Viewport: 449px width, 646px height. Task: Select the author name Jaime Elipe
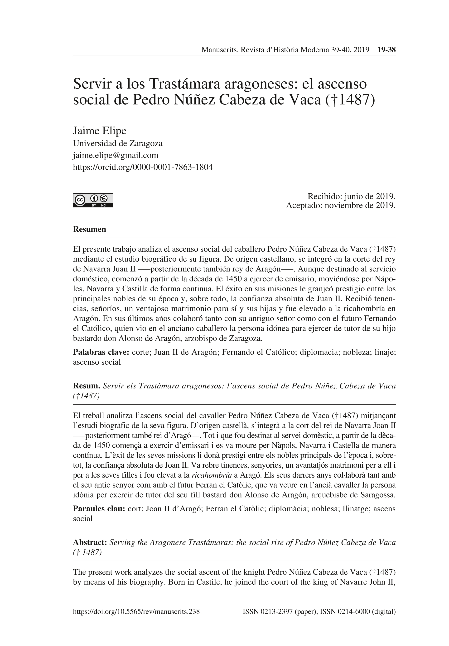pyautogui.click(x=100, y=131)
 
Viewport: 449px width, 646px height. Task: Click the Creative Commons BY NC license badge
pyautogui.click(x=93, y=200)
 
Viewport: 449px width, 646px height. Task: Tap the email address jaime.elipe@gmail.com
pyautogui.click(x=116, y=155)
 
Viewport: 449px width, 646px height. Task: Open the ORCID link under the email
pyautogui.click(x=143, y=167)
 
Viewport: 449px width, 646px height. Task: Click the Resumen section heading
pyautogui.click(x=89, y=229)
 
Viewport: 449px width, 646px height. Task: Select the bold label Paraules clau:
pyautogui.click(x=99, y=509)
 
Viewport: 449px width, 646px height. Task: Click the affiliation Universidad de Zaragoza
pyautogui.click(x=117, y=143)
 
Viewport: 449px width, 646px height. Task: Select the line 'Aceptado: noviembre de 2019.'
pyautogui.click(x=340, y=206)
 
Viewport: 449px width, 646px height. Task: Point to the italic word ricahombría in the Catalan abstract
pyautogui.click(x=212, y=475)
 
